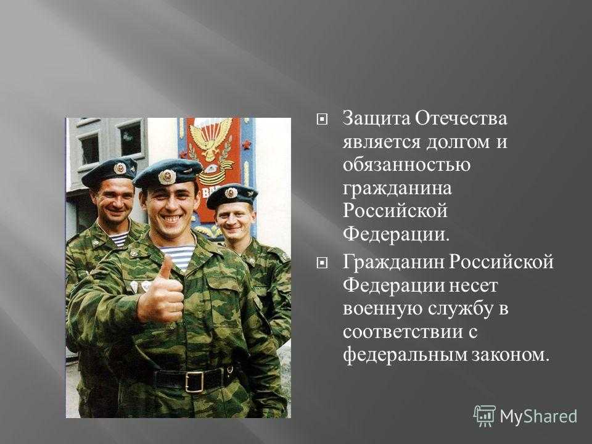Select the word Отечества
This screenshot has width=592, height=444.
click(x=461, y=119)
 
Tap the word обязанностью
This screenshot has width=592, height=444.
click(x=406, y=166)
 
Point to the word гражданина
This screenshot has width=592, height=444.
click(x=397, y=189)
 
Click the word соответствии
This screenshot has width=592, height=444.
click(x=403, y=332)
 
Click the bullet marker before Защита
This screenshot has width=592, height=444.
click(x=321, y=120)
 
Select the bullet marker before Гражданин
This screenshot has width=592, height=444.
click(x=321, y=263)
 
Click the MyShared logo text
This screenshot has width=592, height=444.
click(x=538, y=416)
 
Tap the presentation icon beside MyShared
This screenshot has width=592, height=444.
click(x=485, y=416)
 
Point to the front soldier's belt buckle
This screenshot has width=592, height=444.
click(x=195, y=381)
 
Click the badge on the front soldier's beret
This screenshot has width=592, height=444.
click(x=166, y=176)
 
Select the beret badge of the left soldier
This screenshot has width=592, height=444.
click(x=120, y=168)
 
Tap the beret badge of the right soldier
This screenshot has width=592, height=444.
click(x=231, y=193)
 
